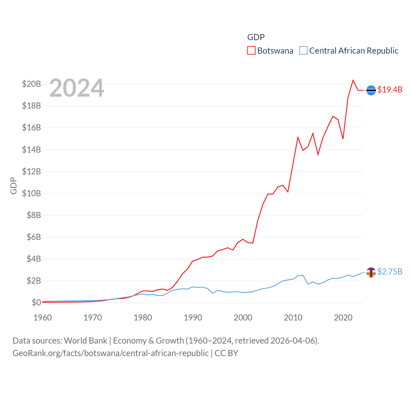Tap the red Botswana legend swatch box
pyautogui.click(x=251, y=51)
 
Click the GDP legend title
pyautogui.click(x=256, y=37)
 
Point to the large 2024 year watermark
pyautogui.click(x=77, y=88)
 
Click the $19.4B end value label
pyautogui.click(x=390, y=90)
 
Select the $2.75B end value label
pyautogui.click(x=390, y=272)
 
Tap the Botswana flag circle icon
pyautogui.click(x=371, y=91)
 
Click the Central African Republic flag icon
pyautogui.click(x=371, y=272)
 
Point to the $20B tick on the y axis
pyautogui.click(x=31, y=84)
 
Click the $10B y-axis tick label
pyautogui.click(x=31, y=193)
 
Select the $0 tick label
pyautogui.click(x=36, y=302)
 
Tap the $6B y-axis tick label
pyautogui.click(x=34, y=237)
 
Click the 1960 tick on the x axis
pyautogui.click(x=43, y=318)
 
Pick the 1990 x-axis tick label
pyautogui.click(x=193, y=318)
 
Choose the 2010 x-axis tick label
pyautogui.click(x=293, y=318)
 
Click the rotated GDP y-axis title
pyautogui.click(x=13, y=186)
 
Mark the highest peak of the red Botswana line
pyautogui.click(x=353, y=80)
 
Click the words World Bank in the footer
pyautogui.click(x=86, y=340)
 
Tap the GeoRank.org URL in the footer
pyautogui.click(x=110, y=353)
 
